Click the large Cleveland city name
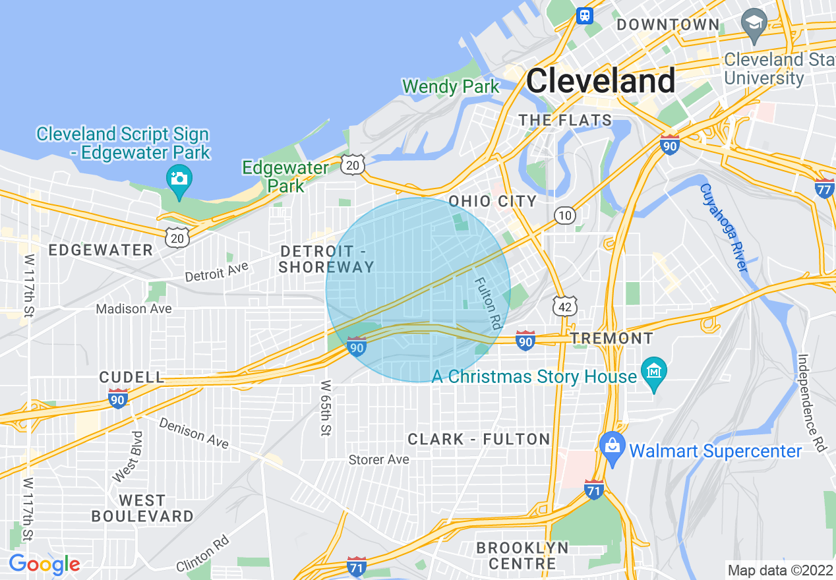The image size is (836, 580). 601,81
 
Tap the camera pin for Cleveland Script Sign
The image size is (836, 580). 179,178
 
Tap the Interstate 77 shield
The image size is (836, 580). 824,188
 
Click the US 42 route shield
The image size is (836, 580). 565,305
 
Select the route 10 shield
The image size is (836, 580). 565,215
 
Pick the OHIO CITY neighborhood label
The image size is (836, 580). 493,201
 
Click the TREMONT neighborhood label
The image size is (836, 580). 612,339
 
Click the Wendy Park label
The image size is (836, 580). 451,86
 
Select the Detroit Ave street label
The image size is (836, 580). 216,271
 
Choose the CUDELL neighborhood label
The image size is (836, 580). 131,377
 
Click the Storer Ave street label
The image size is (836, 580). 378,459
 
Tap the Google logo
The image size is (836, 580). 44,564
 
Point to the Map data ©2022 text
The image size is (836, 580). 779,569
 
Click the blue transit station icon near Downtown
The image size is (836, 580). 584,15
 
